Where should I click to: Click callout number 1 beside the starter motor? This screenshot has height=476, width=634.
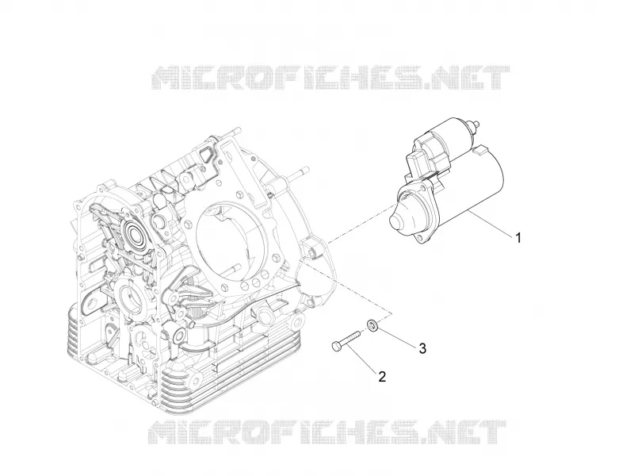click(x=518, y=237)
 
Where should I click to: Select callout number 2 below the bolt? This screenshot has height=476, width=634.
click(x=382, y=377)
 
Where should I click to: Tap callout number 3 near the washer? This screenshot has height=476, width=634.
click(x=422, y=348)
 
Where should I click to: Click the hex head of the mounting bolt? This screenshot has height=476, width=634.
click(x=335, y=346)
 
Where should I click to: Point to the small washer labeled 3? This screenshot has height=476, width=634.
click(x=372, y=325)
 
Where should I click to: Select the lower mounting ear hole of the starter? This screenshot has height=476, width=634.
click(x=422, y=239)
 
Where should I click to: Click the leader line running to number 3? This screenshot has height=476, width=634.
click(x=396, y=336)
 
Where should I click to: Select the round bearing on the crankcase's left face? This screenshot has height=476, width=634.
click(x=136, y=233)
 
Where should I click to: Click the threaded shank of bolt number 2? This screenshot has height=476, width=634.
click(x=350, y=340)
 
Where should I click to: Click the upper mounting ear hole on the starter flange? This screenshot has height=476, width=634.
click(x=425, y=186)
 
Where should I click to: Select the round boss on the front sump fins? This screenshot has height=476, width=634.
click(x=195, y=380)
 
